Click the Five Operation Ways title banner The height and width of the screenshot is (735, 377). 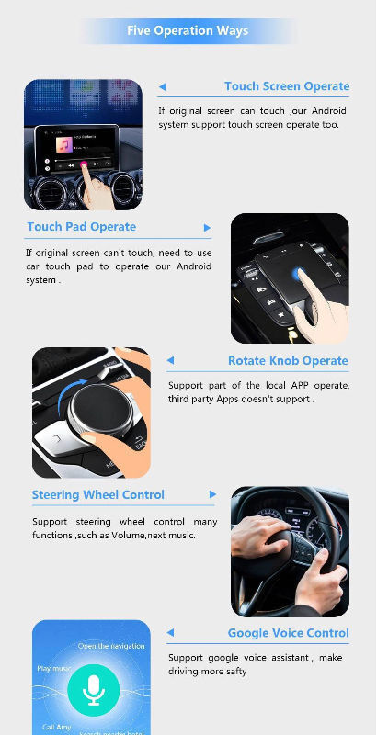click(188, 31)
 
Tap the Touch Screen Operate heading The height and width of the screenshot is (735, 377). click(286, 86)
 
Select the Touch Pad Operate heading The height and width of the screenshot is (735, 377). click(81, 227)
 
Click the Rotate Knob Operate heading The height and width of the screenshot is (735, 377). click(288, 361)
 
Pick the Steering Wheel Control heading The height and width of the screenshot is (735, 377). click(98, 495)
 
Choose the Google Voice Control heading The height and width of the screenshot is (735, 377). click(288, 633)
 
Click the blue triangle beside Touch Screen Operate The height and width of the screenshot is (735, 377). click(162, 87)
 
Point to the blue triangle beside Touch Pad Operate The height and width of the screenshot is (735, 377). click(207, 228)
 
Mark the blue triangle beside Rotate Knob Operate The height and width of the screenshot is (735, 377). click(170, 362)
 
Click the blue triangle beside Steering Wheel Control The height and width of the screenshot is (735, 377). click(212, 495)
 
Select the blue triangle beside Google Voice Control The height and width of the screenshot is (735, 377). click(170, 633)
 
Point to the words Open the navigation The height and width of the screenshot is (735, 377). click(111, 647)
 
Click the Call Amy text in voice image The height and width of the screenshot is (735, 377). click(56, 727)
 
